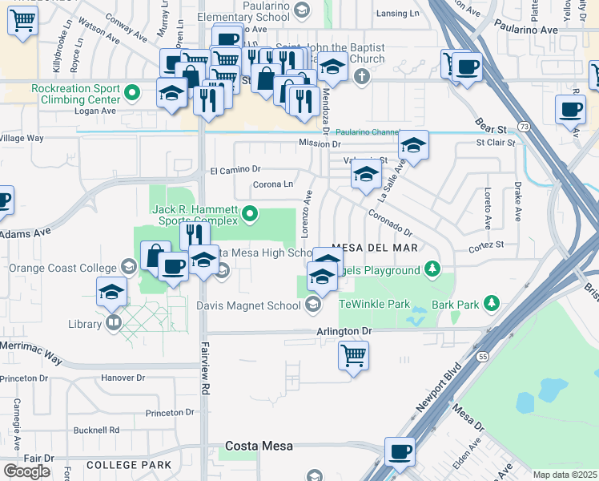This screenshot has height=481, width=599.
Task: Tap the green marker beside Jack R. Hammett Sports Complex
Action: point(251,213)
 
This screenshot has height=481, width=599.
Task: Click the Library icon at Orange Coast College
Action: point(114,323)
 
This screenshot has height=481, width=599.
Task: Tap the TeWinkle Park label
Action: point(375,304)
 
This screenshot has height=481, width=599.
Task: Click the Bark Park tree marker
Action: point(493,303)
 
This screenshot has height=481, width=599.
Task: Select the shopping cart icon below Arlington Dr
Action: point(353,354)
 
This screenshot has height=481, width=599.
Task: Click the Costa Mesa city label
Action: point(259,446)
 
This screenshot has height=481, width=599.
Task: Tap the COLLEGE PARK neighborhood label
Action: point(129,465)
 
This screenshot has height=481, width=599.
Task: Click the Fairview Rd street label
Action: point(205,377)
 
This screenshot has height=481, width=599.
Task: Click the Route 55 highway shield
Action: point(482,355)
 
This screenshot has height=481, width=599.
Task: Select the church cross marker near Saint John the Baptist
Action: point(362,77)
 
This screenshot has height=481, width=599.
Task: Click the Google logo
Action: point(26,471)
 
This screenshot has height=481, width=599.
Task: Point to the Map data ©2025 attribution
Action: point(565,475)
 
